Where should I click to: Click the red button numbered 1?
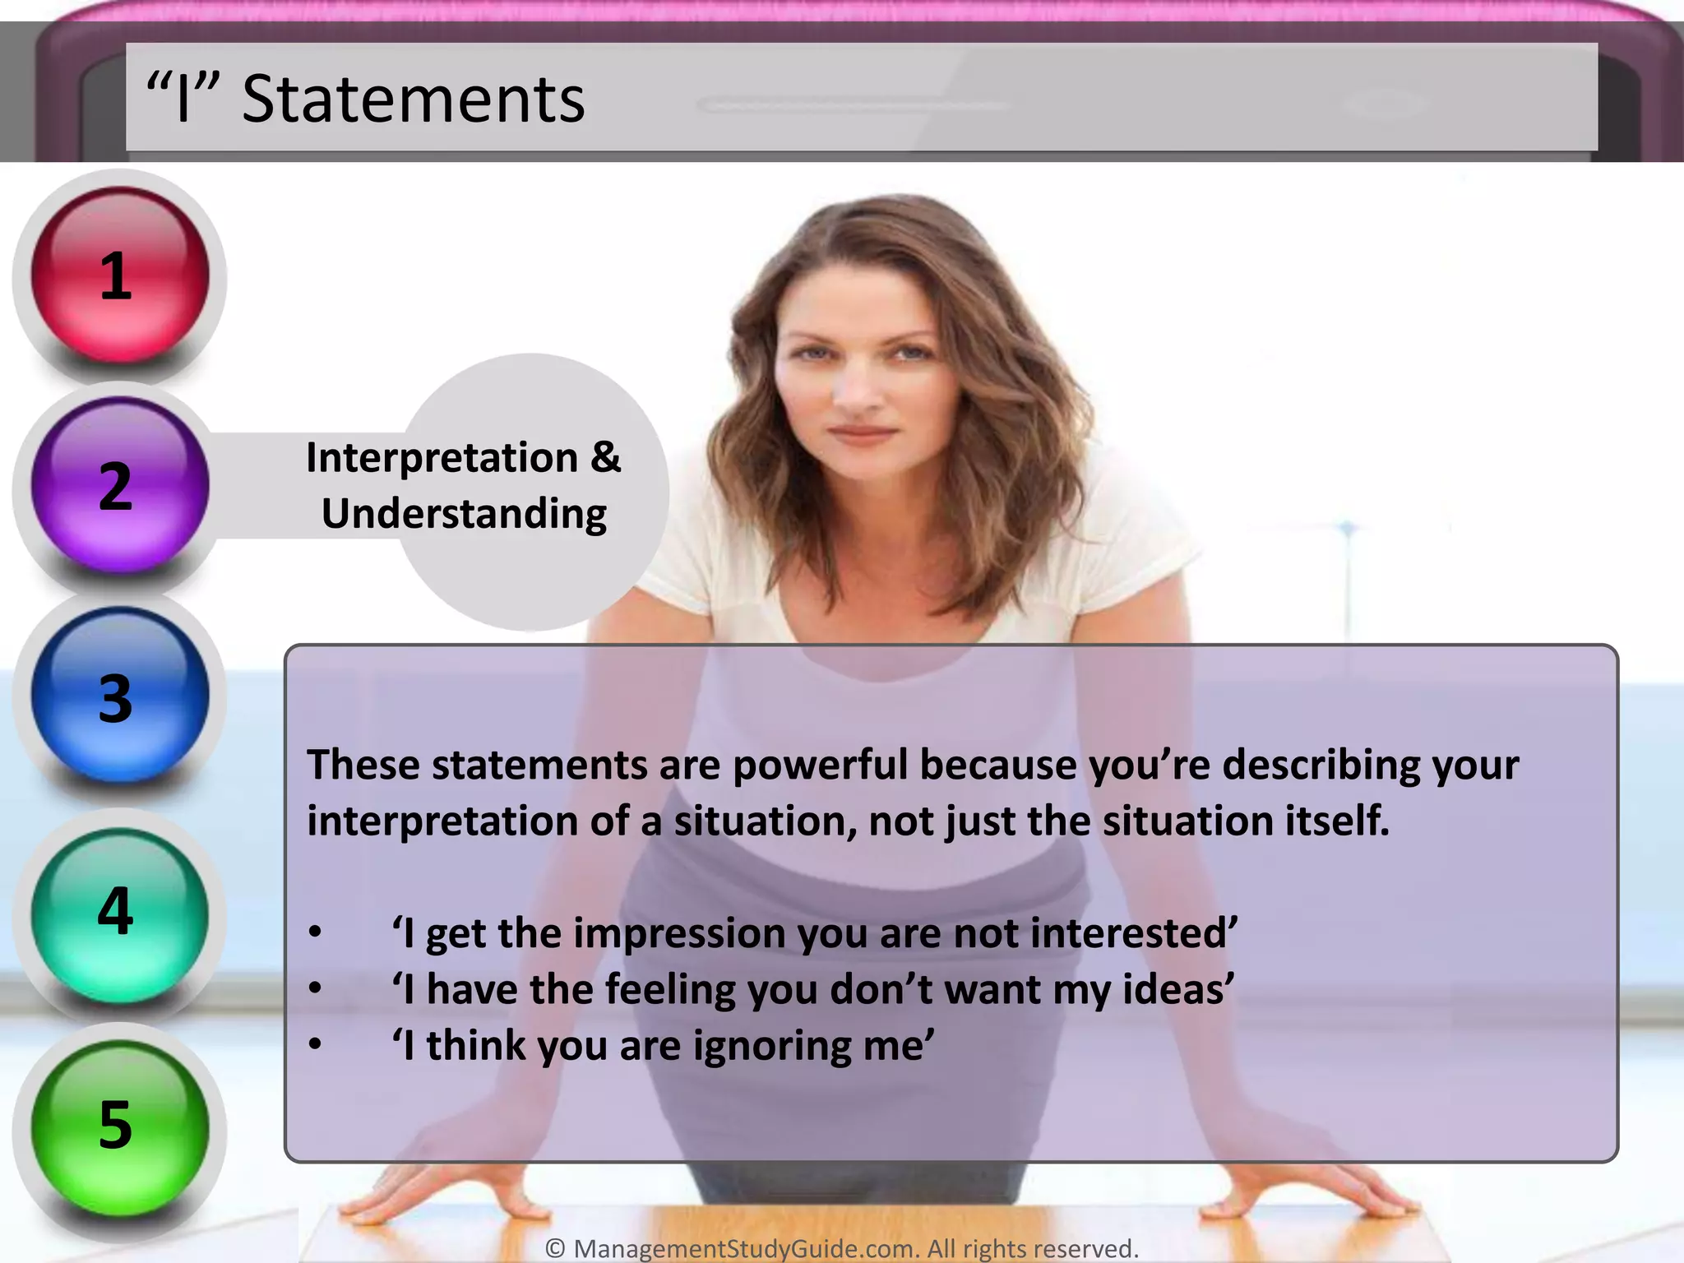120,275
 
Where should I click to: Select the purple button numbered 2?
120,486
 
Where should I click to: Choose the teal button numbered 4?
120,913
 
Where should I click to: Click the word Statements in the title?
413,99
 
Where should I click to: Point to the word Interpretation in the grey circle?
442,458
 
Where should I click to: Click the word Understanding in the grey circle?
464,514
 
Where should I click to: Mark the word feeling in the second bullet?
669,989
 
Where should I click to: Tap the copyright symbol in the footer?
555,1248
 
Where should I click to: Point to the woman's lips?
862,433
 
